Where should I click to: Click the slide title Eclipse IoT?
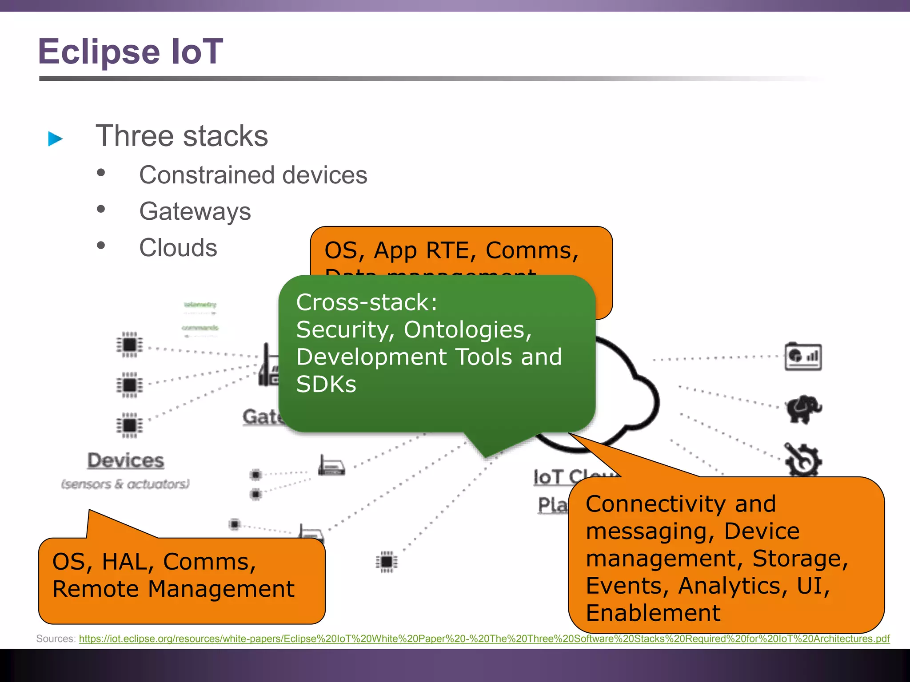point(130,52)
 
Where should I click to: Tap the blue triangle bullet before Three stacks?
point(55,139)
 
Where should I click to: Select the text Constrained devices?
point(253,175)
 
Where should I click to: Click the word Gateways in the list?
point(195,211)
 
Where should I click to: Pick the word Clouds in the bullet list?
point(178,248)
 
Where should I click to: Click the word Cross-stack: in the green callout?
point(367,302)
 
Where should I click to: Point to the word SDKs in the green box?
point(326,384)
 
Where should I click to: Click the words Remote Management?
point(173,589)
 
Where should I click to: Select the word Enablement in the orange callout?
point(653,613)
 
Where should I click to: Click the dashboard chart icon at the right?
point(803,357)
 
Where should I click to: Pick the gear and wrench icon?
point(802,460)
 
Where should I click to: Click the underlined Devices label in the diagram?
point(126,460)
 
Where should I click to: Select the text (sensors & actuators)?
point(125,484)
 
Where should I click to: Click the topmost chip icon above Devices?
point(130,344)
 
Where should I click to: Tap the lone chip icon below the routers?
point(387,562)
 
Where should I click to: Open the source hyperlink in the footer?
point(484,639)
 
